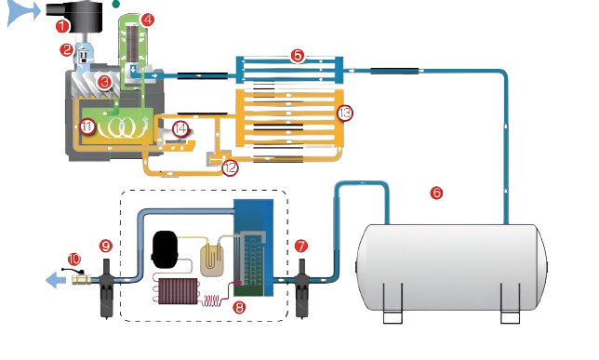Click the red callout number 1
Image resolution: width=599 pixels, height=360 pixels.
(x=62, y=25)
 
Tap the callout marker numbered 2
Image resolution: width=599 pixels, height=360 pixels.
(x=67, y=49)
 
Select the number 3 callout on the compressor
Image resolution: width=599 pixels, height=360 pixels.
(x=105, y=82)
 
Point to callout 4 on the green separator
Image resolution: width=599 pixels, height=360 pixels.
(x=149, y=19)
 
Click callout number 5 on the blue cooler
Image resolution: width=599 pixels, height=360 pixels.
(x=297, y=55)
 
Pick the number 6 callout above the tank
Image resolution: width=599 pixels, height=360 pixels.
(x=436, y=193)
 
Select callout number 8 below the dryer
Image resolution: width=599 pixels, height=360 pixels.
(x=239, y=306)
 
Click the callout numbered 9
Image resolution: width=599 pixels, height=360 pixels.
(x=106, y=246)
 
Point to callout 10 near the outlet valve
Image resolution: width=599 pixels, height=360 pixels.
(x=74, y=258)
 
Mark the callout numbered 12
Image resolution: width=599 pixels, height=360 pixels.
(x=232, y=168)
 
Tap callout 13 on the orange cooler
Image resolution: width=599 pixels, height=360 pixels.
(x=346, y=113)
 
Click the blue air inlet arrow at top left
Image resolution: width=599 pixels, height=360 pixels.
(x=20, y=13)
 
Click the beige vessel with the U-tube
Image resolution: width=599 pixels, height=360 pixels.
(x=213, y=260)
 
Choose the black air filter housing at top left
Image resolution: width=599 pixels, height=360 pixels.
(x=91, y=17)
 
